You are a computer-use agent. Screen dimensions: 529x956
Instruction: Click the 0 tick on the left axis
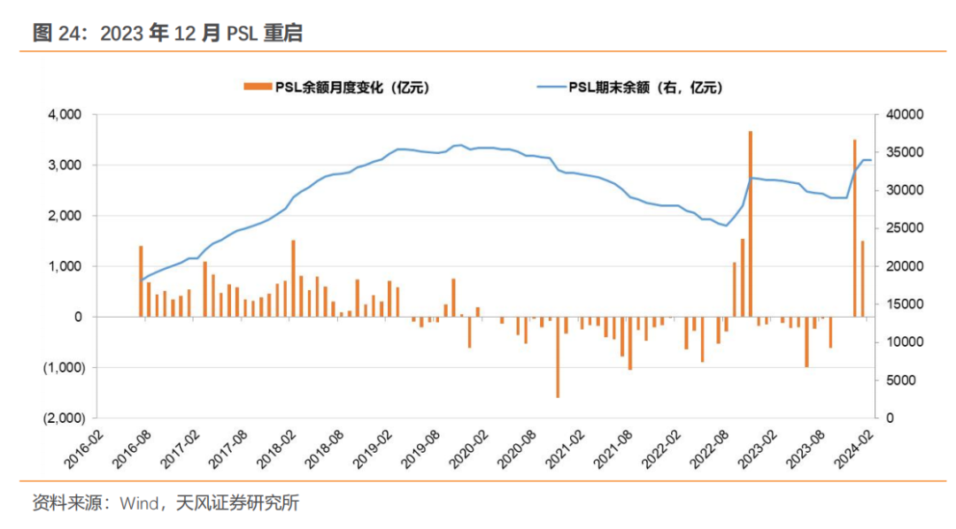click(78, 317)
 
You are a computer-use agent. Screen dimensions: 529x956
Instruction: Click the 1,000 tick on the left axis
click(64, 266)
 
